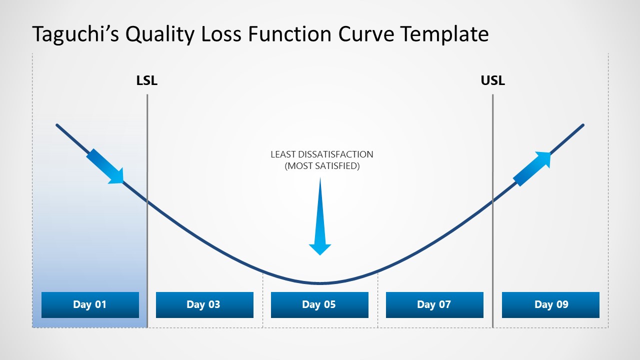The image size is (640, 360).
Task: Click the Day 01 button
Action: tap(90, 304)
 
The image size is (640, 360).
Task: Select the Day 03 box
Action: tap(204, 304)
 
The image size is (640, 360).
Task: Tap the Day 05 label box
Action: tap(319, 304)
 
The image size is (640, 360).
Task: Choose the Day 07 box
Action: tap(434, 304)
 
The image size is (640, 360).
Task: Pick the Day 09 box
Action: tap(550, 304)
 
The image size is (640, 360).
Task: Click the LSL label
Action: tap(147, 80)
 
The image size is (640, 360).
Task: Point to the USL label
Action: tap(492, 80)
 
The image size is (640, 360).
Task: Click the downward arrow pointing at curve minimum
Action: tap(320, 220)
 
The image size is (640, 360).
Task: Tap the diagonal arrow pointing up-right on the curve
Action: tap(532, 168)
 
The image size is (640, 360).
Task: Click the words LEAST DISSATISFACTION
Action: tap(322, 154)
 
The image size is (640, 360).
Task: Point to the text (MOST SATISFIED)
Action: tap(322, 166)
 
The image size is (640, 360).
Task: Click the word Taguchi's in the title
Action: tap(75, 34)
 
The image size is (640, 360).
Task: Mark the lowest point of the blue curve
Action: tap(319, 283)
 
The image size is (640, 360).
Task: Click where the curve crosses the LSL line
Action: tap(147, 201)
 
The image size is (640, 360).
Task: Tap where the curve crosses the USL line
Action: tap(492, 201)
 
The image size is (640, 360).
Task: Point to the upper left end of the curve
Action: tap(57, 125)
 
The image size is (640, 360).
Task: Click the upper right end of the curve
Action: tap(582, 125)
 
